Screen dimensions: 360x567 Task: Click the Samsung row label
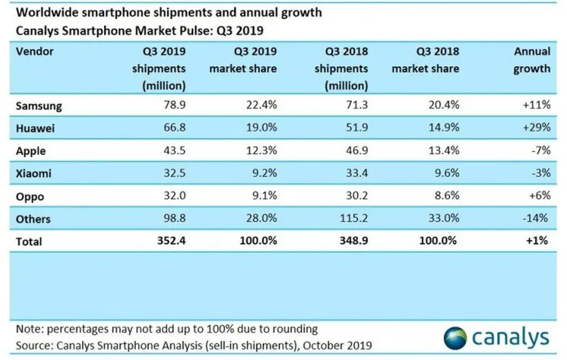pos(39,107)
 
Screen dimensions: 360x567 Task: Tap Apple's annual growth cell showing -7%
pos(539,152)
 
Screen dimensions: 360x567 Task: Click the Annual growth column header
pos(532,60)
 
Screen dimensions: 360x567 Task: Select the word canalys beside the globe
pos(511,337)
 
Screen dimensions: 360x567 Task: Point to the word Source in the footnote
pos(32,345)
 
